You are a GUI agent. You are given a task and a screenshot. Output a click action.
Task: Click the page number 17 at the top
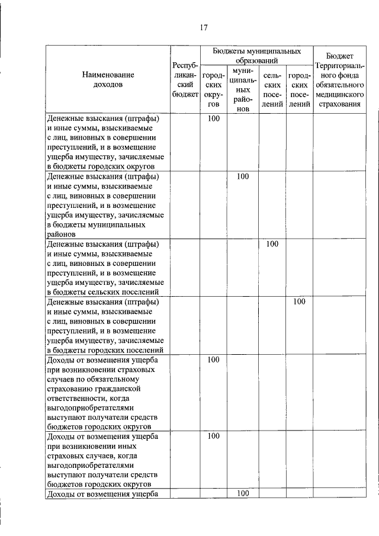[x=203, y=27]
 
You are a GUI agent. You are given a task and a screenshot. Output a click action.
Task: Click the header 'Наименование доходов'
[x=108, y=79]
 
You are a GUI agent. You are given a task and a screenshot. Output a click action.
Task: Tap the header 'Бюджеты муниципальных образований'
[x=256, y=56]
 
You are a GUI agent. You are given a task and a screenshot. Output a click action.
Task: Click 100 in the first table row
[x=214, y=118]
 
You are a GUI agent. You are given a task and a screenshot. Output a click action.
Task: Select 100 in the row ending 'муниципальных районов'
[x=242, y=176]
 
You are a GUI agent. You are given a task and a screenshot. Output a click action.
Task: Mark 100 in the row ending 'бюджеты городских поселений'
[x=299, y=301]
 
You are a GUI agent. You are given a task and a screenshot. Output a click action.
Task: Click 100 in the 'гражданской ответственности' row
[x=214, y=360]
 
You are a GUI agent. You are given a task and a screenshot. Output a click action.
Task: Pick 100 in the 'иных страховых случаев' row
[x=214, y=436]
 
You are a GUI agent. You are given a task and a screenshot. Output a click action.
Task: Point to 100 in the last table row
[x=242, y=494]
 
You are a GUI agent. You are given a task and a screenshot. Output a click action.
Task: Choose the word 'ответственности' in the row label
[x=75, y=399]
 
